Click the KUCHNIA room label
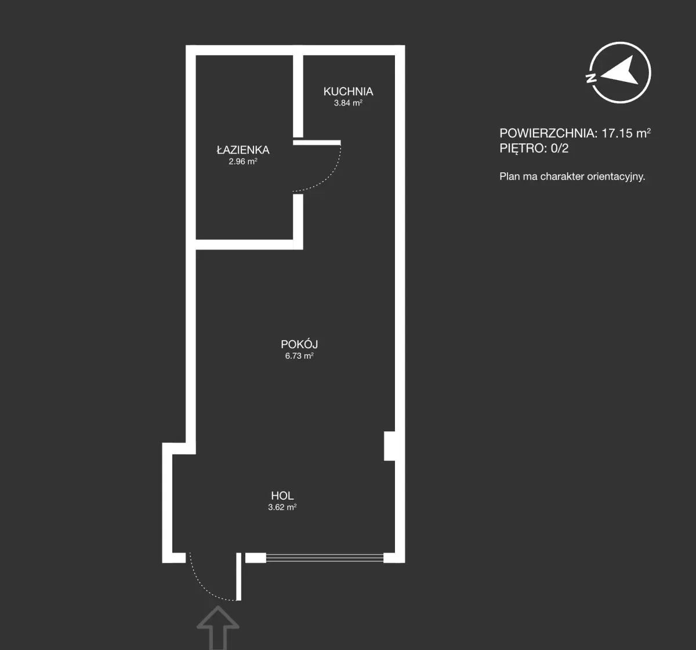pos(348,92)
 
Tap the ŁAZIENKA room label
pos(243,150)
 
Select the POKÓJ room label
pos(299,344)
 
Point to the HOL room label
pos(282,496)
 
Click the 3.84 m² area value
pos(348,103)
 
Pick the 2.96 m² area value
pos(243,161)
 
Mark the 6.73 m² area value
pos(299,356)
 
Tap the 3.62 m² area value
pos(282,507)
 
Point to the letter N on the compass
pos(591,78)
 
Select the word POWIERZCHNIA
pos(547,133)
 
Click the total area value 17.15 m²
pos(626,133)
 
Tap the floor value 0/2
pos(559,149)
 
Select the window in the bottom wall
pos(325,558)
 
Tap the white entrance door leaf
pos(238,577)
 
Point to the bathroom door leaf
pos(317,142)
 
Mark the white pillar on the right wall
pos(390,446)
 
